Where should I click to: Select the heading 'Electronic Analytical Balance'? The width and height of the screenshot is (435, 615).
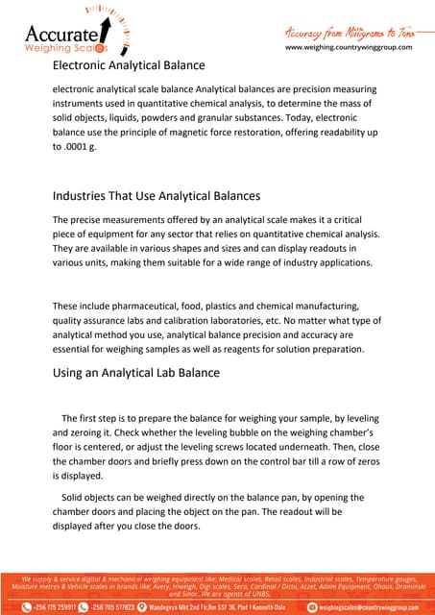coord(128,65)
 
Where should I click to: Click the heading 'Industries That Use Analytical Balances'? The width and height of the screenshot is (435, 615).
coord(156,196)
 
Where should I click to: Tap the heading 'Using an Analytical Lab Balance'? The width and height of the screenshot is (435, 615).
coord(135,372)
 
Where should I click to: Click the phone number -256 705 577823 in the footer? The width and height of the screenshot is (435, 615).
coord(119,607)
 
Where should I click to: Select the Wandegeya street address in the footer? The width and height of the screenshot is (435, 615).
coord(226,607)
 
